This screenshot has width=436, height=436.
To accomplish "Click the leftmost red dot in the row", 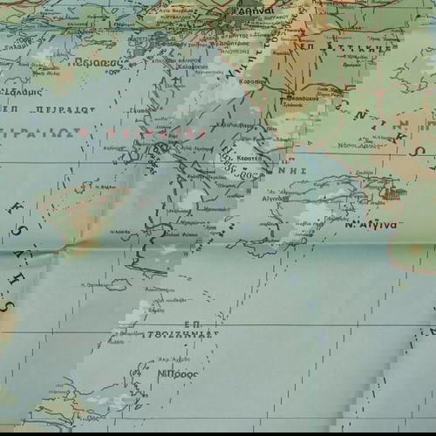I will pyautogui.click(x=84, y=133).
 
